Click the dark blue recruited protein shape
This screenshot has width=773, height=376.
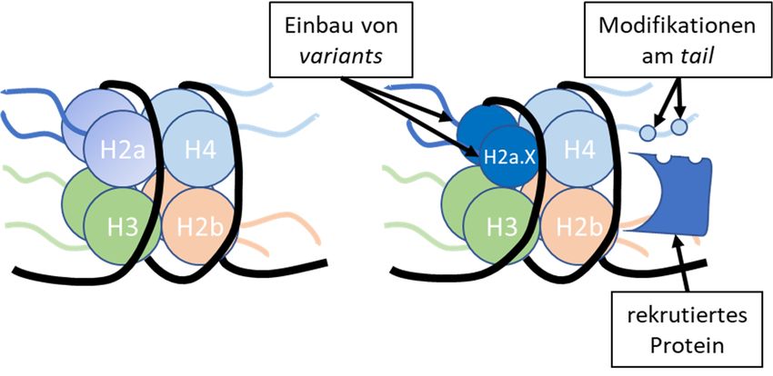[687, 204]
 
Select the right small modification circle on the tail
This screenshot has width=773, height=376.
[678, 128]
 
